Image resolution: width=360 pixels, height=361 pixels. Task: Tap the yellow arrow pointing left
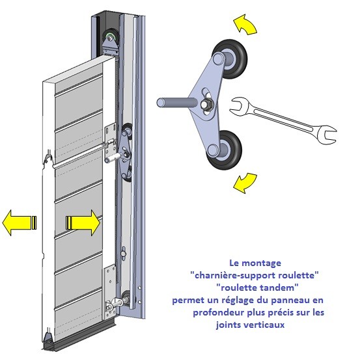[x=19, y=222]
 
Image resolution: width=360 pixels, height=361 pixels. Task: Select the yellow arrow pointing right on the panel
[x=83, y=222]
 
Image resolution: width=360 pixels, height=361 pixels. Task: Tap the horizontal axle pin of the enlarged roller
[x=176, y=102]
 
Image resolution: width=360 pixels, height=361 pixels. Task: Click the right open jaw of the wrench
[x=327, y=135]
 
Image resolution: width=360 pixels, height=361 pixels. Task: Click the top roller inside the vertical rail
[x=110, y=37]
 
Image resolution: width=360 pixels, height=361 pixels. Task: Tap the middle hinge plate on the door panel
[x=110, y=142]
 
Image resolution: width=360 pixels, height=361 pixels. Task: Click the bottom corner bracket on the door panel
[x=109, y=292]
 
